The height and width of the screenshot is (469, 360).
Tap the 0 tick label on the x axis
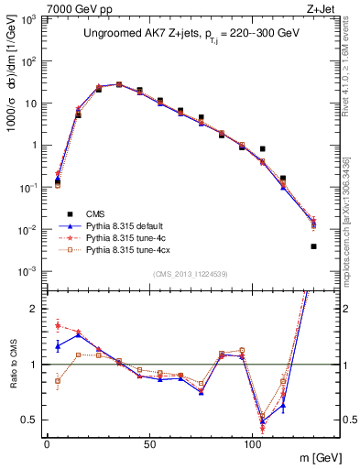click(x=47, y=443)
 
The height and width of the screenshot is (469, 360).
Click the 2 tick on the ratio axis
click(x=34, y=309)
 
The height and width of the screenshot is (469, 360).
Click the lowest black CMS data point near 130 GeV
click(x=313, y=245)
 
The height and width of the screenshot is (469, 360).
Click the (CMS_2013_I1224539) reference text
click(x=180, y=273)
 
